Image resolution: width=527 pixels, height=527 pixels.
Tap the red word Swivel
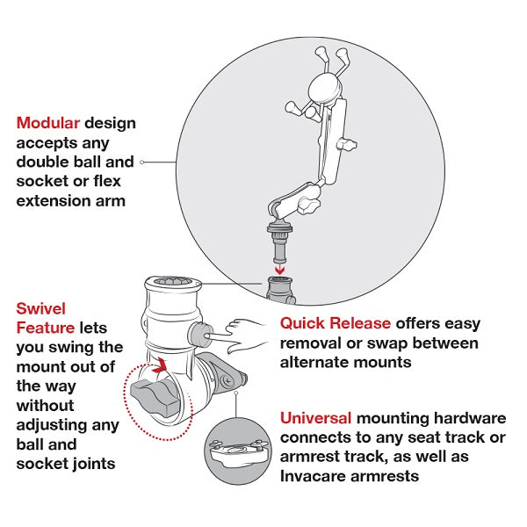tap(40, 308)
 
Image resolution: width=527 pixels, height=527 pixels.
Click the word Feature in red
tap(46, 328)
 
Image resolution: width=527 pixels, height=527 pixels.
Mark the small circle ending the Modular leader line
tap(143, 162)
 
